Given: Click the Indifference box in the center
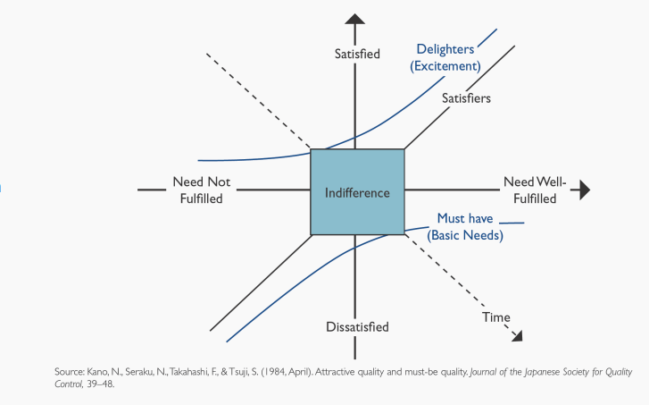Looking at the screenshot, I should tap(357, 192).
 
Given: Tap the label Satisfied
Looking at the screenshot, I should tap(356, 54).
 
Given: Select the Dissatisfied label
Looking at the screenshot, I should tap(356, 327).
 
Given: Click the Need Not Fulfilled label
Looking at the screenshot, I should tap(201, 190).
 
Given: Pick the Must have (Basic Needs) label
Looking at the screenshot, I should tap(465, 227).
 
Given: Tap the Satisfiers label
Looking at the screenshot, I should tap(466, 98).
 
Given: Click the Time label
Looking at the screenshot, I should tap(496, 317).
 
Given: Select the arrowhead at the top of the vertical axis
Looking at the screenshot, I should tap(355, 20).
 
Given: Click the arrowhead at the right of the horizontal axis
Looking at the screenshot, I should tap(585, 190).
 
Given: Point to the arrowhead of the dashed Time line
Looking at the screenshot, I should tap(517, 335).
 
